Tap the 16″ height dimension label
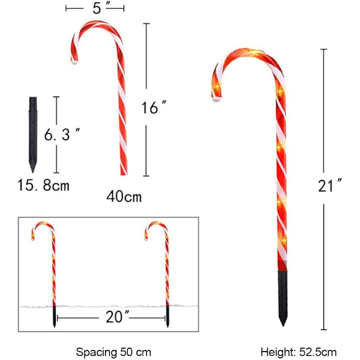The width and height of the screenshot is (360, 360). click(154, 107)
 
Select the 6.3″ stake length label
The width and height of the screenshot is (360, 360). click(62, 134)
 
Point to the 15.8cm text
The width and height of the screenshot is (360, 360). click(43, 185)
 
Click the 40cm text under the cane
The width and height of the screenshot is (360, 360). click(124, 197)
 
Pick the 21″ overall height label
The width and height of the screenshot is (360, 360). click(330, 185)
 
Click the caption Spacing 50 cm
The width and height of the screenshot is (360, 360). click(113, 352)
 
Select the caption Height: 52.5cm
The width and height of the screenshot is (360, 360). click(298, 352)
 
